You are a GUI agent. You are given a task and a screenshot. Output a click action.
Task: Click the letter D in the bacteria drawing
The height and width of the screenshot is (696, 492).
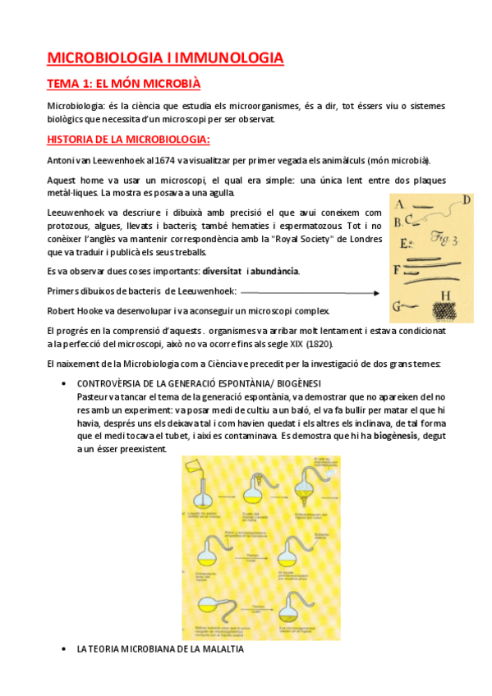(466, 199)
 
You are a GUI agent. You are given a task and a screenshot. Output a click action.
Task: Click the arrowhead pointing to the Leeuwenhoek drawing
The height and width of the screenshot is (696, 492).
(375, 291)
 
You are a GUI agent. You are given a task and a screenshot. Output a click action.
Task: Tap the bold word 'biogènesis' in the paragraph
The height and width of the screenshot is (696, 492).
(398, 436)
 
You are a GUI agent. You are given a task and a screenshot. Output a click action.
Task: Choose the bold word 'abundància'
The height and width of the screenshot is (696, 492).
(275, 272)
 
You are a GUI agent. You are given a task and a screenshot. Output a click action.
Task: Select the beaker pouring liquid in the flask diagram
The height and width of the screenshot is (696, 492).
(206, 469)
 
